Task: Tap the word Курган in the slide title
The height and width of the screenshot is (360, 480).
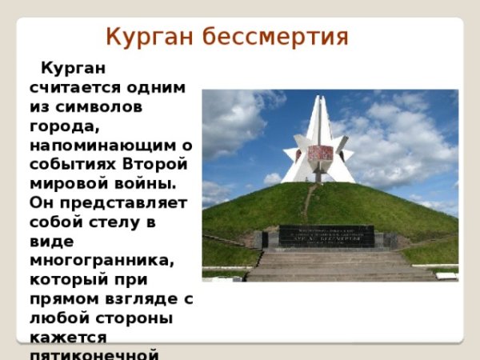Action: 150,37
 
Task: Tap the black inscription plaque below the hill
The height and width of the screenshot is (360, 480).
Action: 326,235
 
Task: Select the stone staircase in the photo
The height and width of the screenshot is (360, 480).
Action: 336,265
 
